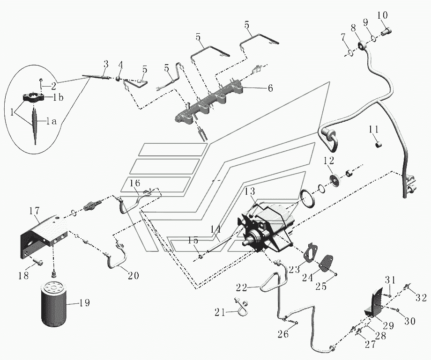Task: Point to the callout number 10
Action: point(383,16)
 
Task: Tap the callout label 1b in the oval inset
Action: point(59,97)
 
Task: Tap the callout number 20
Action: point(133,275)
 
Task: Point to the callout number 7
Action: point(343,37)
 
